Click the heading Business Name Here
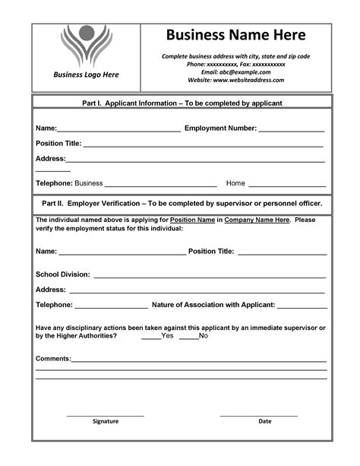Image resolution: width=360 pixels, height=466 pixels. [235, 35]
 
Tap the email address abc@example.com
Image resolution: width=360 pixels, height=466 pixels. [235, 71]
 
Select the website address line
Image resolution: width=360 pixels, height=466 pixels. [235, 79]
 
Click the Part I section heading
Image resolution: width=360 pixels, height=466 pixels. [182, 102]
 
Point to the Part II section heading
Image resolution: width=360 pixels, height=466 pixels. [182, 204]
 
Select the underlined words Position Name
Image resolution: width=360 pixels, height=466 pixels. [192, 220]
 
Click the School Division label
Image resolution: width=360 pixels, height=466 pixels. [63, 274]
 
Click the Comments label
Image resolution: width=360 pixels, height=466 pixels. [53, 357]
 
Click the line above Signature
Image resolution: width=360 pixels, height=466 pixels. [105, 415]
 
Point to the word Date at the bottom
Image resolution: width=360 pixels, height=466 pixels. [264, 421]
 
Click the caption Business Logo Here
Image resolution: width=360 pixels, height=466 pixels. [86, 74]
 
